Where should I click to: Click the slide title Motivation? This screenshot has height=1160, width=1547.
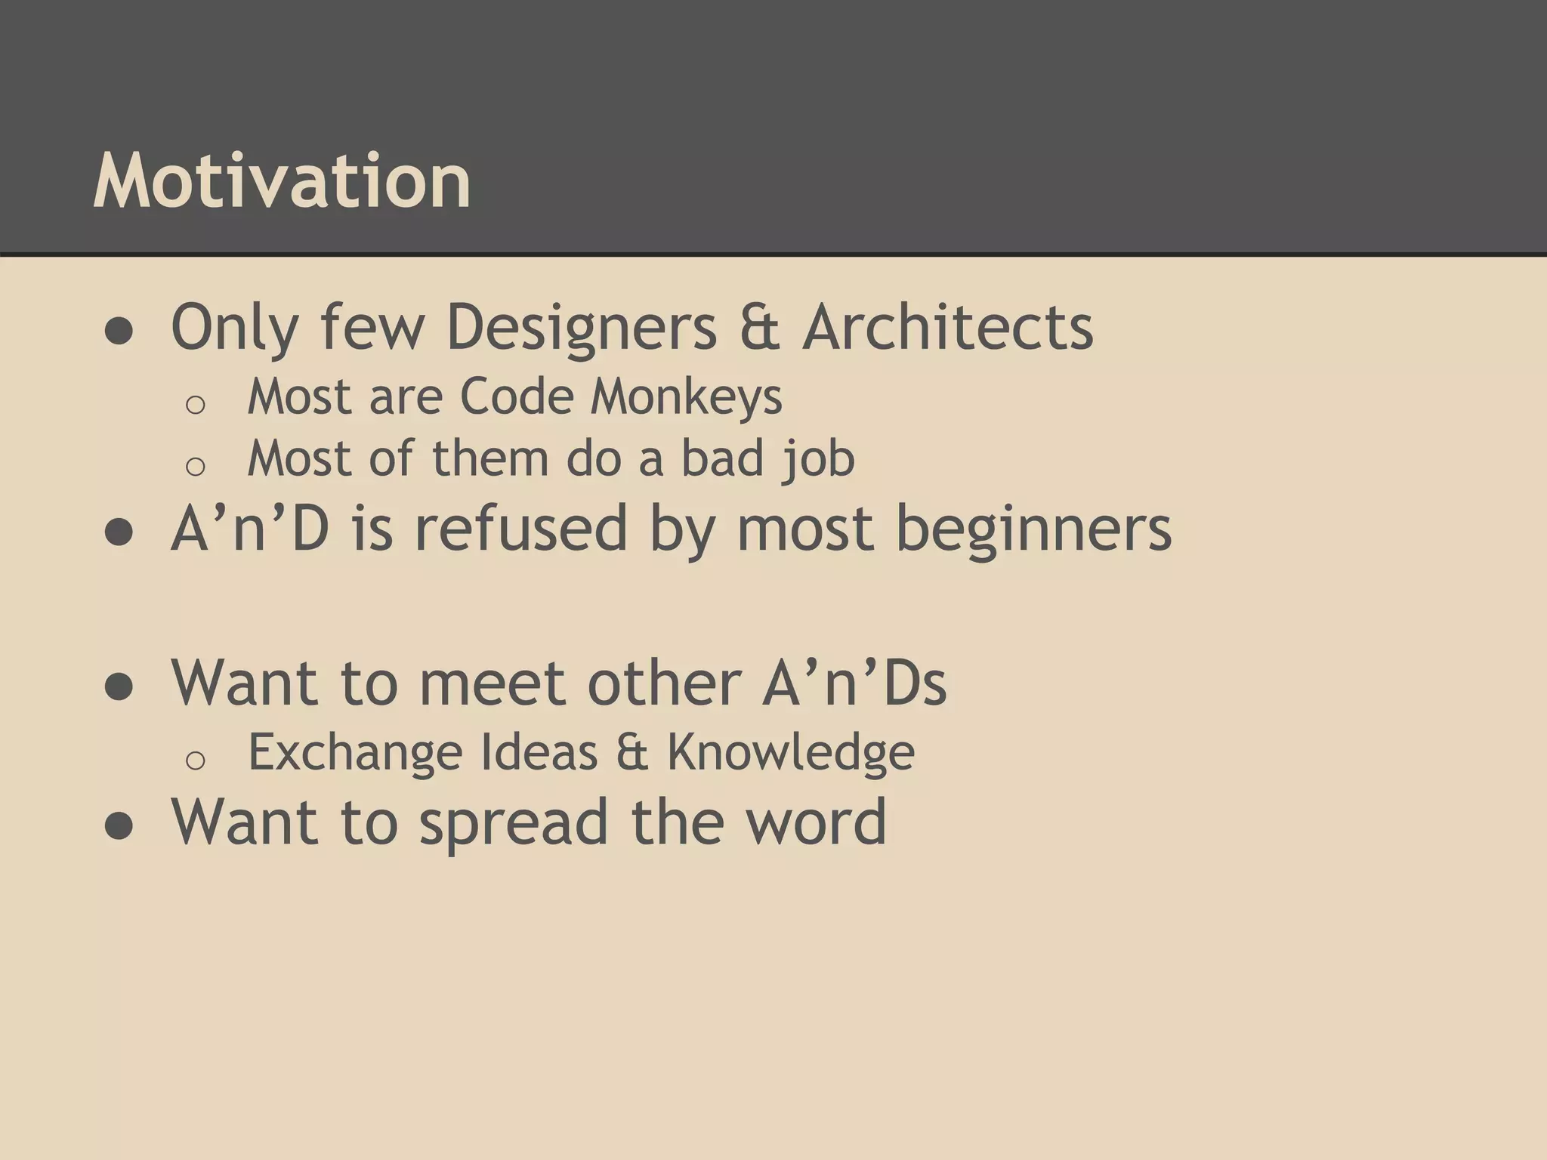(x=282, y=181)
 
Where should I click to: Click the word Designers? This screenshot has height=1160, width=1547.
(x=582, y=329)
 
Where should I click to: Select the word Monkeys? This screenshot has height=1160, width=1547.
(x=686, y=397)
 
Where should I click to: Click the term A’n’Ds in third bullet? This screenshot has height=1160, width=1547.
(x=854, y=683)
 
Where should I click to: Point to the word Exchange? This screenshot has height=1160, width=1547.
(x=355, y=753)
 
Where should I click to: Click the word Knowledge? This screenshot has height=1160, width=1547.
(x=790, y=753)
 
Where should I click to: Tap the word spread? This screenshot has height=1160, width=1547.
(x=514, y=823)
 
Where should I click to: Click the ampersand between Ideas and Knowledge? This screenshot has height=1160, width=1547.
(x=631, y=753)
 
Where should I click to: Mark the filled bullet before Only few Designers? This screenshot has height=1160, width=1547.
(x=119, y=332)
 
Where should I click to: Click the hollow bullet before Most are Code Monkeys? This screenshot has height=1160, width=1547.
(x=195, y=405)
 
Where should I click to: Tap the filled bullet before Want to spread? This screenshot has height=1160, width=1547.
(x=119, y=826)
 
